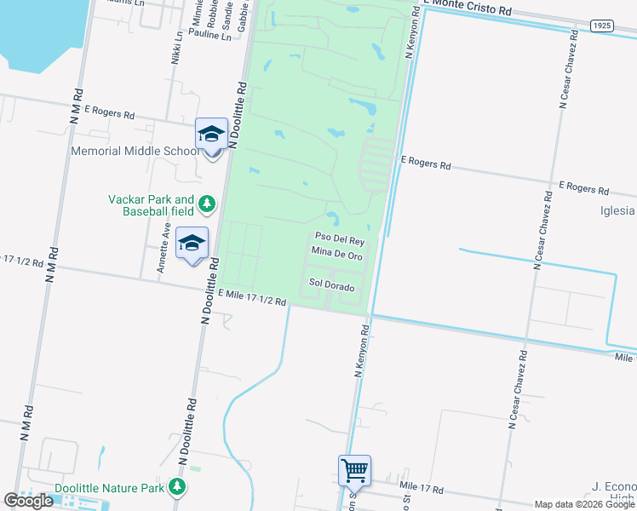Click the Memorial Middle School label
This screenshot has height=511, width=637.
tap(135, 152)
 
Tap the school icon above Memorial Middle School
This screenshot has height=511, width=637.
tap(211, 135)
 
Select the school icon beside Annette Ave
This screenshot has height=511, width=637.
tap(192, 243)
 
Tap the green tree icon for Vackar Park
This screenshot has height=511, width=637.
tap(207, 204)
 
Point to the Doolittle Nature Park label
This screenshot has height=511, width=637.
tap(108, 488)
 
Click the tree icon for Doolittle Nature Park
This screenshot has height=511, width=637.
tap(176, 487)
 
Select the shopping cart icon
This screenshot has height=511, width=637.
tap(354, 469)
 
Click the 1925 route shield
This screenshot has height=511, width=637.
tap(601, 26)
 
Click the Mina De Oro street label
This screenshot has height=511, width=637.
tap(337, 255)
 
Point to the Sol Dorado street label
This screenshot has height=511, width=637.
tap(331, 287)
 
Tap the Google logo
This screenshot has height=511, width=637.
tap(28, 501)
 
